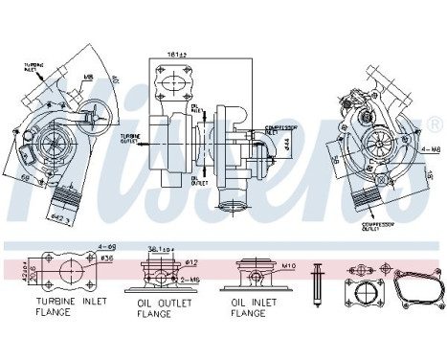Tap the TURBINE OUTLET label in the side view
132,138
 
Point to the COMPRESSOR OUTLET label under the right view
375,228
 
